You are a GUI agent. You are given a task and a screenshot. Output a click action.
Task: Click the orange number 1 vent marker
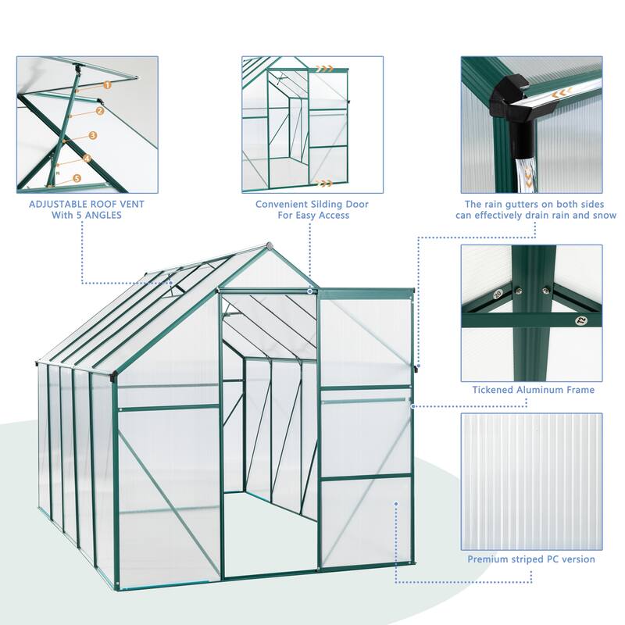point(107,83)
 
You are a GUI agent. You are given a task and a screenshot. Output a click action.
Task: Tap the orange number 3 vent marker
point(92,135)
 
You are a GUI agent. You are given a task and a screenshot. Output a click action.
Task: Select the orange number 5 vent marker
point(77,178)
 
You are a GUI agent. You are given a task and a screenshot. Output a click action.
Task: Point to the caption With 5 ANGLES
point(76,215)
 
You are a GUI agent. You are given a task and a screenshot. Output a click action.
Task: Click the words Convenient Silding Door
point(312,204)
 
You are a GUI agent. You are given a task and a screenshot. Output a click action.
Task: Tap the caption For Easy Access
point(312,215)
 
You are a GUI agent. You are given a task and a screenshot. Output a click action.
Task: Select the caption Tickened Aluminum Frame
point(533,389)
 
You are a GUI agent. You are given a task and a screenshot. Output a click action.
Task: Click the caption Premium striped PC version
point(531,559)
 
